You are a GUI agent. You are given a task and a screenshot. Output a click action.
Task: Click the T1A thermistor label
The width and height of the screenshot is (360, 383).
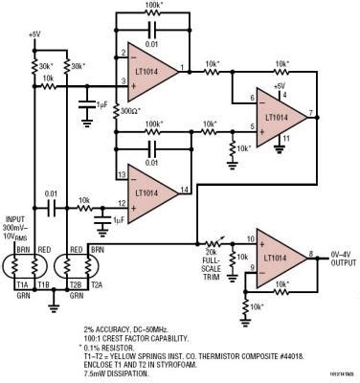point(19,284)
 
